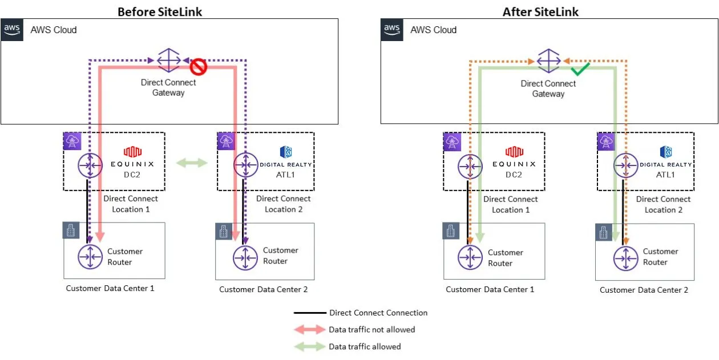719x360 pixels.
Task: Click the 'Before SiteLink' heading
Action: pyautogui.click(x=160, y=11)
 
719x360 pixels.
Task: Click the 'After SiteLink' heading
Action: pyautogui.click(x=540, y=11)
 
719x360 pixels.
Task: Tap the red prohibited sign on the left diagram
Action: pyautogui.click(x=198, y=67)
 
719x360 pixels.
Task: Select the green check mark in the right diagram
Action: pyautogui.click(x=580, y=70)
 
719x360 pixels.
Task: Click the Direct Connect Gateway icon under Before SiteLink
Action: pyautogui.click(x=168, y=60)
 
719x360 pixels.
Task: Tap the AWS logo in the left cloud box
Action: pyautogui.click(x=13, y=30)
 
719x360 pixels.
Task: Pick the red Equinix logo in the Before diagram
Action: pyautogui.click(x=132, y=152)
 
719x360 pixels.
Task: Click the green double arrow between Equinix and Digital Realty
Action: pyautogui.click(x=192, y=163)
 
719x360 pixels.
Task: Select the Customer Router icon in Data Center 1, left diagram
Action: pyautogui.click(x=90, y=257)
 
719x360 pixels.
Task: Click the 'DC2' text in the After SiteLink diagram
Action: pyautogui.click(x=513, y=175)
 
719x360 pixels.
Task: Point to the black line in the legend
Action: pyautogui.click(x=310, y=313)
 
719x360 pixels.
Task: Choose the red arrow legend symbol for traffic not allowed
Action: pyautogui.click(x=310, y=330)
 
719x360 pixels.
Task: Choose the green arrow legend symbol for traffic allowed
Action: pyautogui.click(x=310, y=346)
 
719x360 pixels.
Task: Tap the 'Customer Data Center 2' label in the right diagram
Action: pyautogui.click(x=644, y=290)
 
